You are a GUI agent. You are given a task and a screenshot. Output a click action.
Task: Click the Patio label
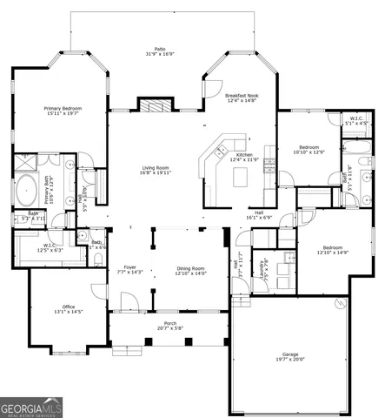click(160, 50)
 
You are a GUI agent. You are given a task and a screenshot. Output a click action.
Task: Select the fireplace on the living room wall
click(158, 107)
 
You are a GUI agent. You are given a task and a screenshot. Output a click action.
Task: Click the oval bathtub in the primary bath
click(27, 188)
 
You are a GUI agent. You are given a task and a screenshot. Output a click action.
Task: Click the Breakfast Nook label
click(241, 97)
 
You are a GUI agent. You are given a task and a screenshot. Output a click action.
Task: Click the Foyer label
click(129, 268)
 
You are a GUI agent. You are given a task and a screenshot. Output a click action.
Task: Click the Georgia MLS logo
click(30, 408)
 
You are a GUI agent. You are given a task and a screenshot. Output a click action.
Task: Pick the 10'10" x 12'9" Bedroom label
click(310, 150)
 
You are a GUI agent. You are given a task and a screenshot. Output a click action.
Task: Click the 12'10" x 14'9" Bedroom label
click(334, 250)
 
